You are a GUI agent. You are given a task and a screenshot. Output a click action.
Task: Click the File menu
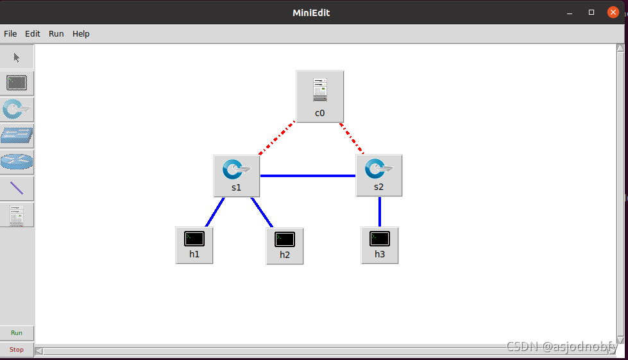(10, 33)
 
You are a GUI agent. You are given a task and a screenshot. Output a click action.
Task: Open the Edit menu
(33, 33)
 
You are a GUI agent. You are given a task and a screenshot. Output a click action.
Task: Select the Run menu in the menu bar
(56, 33)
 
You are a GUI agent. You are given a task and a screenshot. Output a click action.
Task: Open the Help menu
(81, 33)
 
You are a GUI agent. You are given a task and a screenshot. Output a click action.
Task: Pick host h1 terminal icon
(194, 239)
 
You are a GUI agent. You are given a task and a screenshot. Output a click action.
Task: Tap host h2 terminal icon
(285, 240)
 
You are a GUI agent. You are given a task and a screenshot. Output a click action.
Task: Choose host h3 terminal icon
(380, 239)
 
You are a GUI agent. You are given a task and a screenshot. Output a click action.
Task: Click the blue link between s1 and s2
(308, 175)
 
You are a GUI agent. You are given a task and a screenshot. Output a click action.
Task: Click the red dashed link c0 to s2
(352, 138)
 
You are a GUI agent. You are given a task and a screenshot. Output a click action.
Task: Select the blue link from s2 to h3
(380, 211)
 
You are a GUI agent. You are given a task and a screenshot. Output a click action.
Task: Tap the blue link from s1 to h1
(215, 212)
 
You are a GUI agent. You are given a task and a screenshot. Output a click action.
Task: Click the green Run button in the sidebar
(17, 333)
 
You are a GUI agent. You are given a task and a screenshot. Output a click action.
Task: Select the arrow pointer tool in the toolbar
(17, 58)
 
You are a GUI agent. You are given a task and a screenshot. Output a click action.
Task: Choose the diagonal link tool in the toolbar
(17, 189)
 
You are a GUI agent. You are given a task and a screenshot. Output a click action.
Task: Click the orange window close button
(613, 12)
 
